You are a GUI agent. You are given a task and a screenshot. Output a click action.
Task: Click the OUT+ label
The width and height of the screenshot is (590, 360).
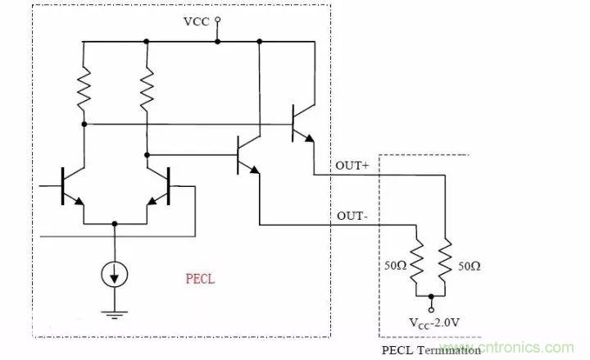point(352,166)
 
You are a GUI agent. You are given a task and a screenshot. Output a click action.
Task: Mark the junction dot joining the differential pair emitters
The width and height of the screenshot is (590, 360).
point(115,222)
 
